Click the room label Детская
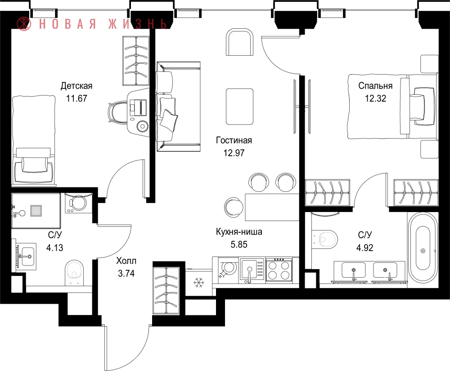tap(76, 86)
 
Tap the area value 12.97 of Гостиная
tap(234, 153)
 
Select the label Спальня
tap(375, 86)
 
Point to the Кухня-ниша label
tap(239, 231)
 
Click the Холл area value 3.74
tap(126, 274)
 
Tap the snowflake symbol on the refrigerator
tap(198, 283)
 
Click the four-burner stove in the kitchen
tap(279, 270)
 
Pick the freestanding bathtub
tap(423, 251)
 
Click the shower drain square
tap(36, 211)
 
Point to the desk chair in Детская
tap(118, 113)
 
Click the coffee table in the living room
tap(240, 106)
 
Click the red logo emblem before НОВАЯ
tap(23, 23)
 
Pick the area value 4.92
tap(365, 248)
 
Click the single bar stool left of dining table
tap(234, 207)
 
